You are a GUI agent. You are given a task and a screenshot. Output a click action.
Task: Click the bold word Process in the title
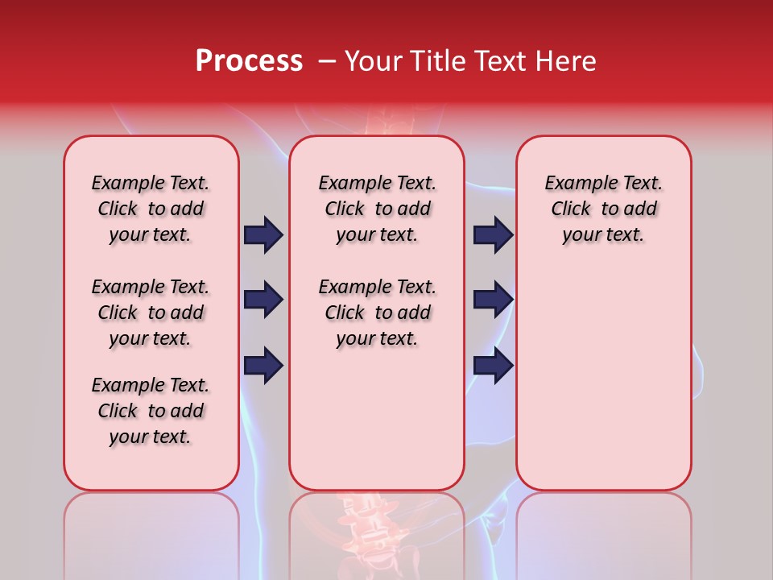[249, 60]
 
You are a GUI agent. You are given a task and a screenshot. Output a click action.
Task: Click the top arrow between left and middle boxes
[263, 234]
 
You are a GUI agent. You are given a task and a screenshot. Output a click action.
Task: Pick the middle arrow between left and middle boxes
[263, 300]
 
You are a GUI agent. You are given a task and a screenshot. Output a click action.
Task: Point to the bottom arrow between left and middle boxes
[263, 365]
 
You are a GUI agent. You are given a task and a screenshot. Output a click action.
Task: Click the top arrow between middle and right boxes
[493, 234]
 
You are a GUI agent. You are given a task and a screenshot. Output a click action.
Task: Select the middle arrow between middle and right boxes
[493, 300]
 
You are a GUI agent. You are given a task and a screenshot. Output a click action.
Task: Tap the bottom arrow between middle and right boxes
[493, 365]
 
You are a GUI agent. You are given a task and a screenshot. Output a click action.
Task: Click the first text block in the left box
[151, 209]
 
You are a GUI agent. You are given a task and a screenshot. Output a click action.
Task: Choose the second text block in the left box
[151, 313]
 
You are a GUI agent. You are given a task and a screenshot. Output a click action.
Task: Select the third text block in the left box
[151, 411]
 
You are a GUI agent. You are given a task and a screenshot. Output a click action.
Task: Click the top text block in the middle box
[377, 209]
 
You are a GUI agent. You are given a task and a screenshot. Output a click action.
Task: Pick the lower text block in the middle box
[377, 313]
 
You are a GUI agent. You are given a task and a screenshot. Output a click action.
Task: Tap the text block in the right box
[603, 209]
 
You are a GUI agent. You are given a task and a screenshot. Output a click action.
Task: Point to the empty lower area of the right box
[603, 379]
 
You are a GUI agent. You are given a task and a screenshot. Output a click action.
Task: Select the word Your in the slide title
[371, 60]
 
